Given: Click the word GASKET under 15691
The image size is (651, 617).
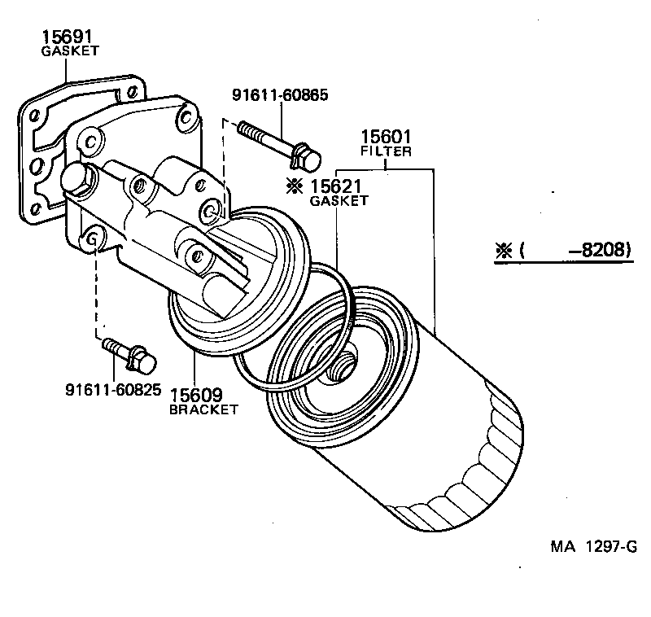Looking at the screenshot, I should coord(69,50).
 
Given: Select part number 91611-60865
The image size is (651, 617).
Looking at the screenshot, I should coord(280,95).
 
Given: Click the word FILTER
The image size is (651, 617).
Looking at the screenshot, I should coord(387,151).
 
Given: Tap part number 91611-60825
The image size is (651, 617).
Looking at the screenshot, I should coord(113,390).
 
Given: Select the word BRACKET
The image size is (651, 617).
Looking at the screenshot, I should coord(203,409).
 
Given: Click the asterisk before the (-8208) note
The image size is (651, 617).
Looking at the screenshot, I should coord(501,250).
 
